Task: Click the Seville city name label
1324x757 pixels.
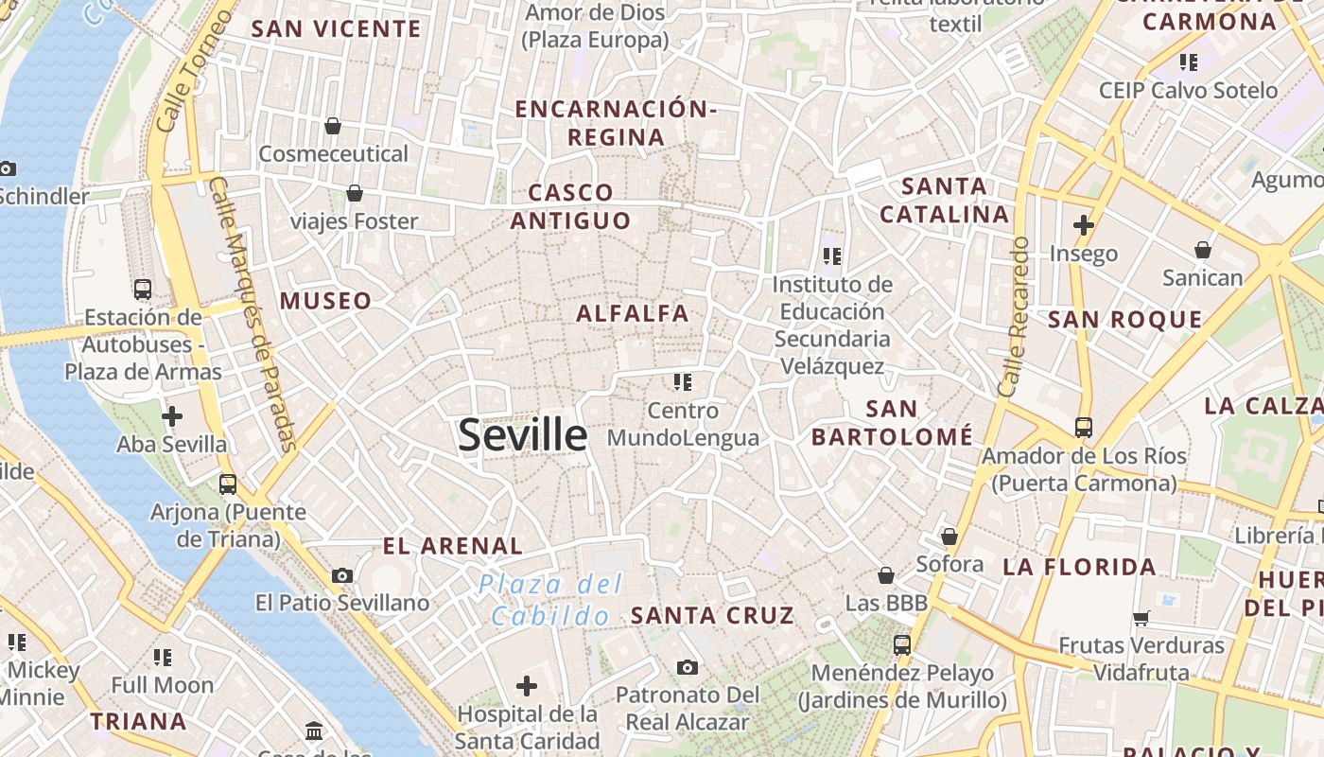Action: [x=522, y=435]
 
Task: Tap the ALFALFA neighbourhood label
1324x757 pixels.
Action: [x=633, y=313]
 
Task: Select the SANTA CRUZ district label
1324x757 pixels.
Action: [x=712, y=615]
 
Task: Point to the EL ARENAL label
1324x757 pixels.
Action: [x=452, y=546]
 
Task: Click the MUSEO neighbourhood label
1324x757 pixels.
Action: [x=325, y=301]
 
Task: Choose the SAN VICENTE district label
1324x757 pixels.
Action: [x=336, y=28]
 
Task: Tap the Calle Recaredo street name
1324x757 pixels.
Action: [x=1013, y=316]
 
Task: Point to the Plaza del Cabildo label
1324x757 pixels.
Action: [x=549, y=600]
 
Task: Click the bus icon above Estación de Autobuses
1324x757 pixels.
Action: [x=143, y=290]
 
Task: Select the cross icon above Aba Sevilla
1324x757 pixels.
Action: [x=172, y=416]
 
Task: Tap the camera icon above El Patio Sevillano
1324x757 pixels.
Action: [x=342, y=575]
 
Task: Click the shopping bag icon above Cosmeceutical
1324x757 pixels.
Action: [x=333, y=126]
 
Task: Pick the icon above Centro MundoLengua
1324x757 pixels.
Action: [x=683, y=382]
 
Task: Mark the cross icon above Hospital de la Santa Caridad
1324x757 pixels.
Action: [x=527, y=685]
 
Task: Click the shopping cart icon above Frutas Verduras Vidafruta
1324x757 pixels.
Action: [x=1141, y=618]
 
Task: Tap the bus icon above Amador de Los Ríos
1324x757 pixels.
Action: [x=1084, y=428]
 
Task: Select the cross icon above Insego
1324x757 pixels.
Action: [x=1084, y=225]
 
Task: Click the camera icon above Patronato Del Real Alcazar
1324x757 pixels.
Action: [x=688, y=667]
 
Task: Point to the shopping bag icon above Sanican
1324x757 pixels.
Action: [x=1203, y=250]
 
